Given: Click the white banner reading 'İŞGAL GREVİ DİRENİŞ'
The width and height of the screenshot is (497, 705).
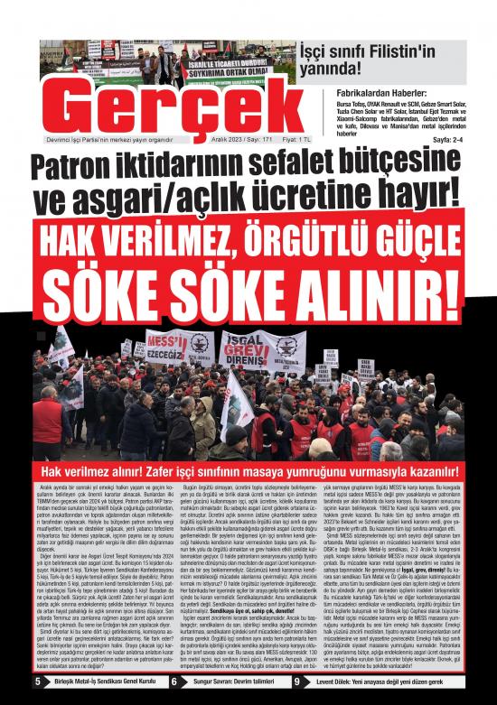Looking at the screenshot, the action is tap(245, 348).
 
